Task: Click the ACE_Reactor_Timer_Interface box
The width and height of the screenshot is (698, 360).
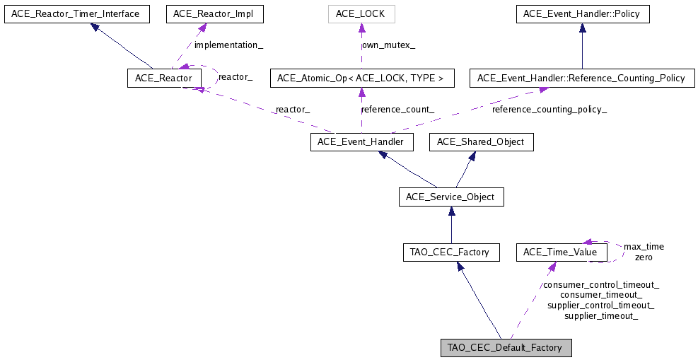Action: point(77,13)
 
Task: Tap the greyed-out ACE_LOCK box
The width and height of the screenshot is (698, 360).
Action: point(361,13)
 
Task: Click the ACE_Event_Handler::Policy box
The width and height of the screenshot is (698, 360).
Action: point(582,13)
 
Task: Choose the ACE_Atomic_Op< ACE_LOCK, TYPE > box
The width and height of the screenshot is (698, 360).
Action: point(361,78)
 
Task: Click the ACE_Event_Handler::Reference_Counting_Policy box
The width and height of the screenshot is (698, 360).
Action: point(581,78)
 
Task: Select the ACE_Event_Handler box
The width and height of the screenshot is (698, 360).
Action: point(361,142)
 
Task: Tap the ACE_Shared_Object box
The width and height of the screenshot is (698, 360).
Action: point(481,142)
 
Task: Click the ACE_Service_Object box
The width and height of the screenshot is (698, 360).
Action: point(451,197)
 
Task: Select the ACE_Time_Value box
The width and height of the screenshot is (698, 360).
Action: point(562,252)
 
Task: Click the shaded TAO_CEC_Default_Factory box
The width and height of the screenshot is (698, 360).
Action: point(505,348)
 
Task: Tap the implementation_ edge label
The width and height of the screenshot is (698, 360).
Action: point(228,45)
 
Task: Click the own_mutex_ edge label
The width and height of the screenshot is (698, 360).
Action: point(388,45)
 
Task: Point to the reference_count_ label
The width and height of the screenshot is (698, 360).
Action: point(397,110)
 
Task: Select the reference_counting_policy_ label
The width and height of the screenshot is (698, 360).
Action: point(549,110)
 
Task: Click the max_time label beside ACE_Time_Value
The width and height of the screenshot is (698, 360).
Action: point(644,247)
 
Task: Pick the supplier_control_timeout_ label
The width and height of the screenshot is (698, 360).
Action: point(600,306)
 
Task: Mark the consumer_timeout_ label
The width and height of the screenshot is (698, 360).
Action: point(600,295)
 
